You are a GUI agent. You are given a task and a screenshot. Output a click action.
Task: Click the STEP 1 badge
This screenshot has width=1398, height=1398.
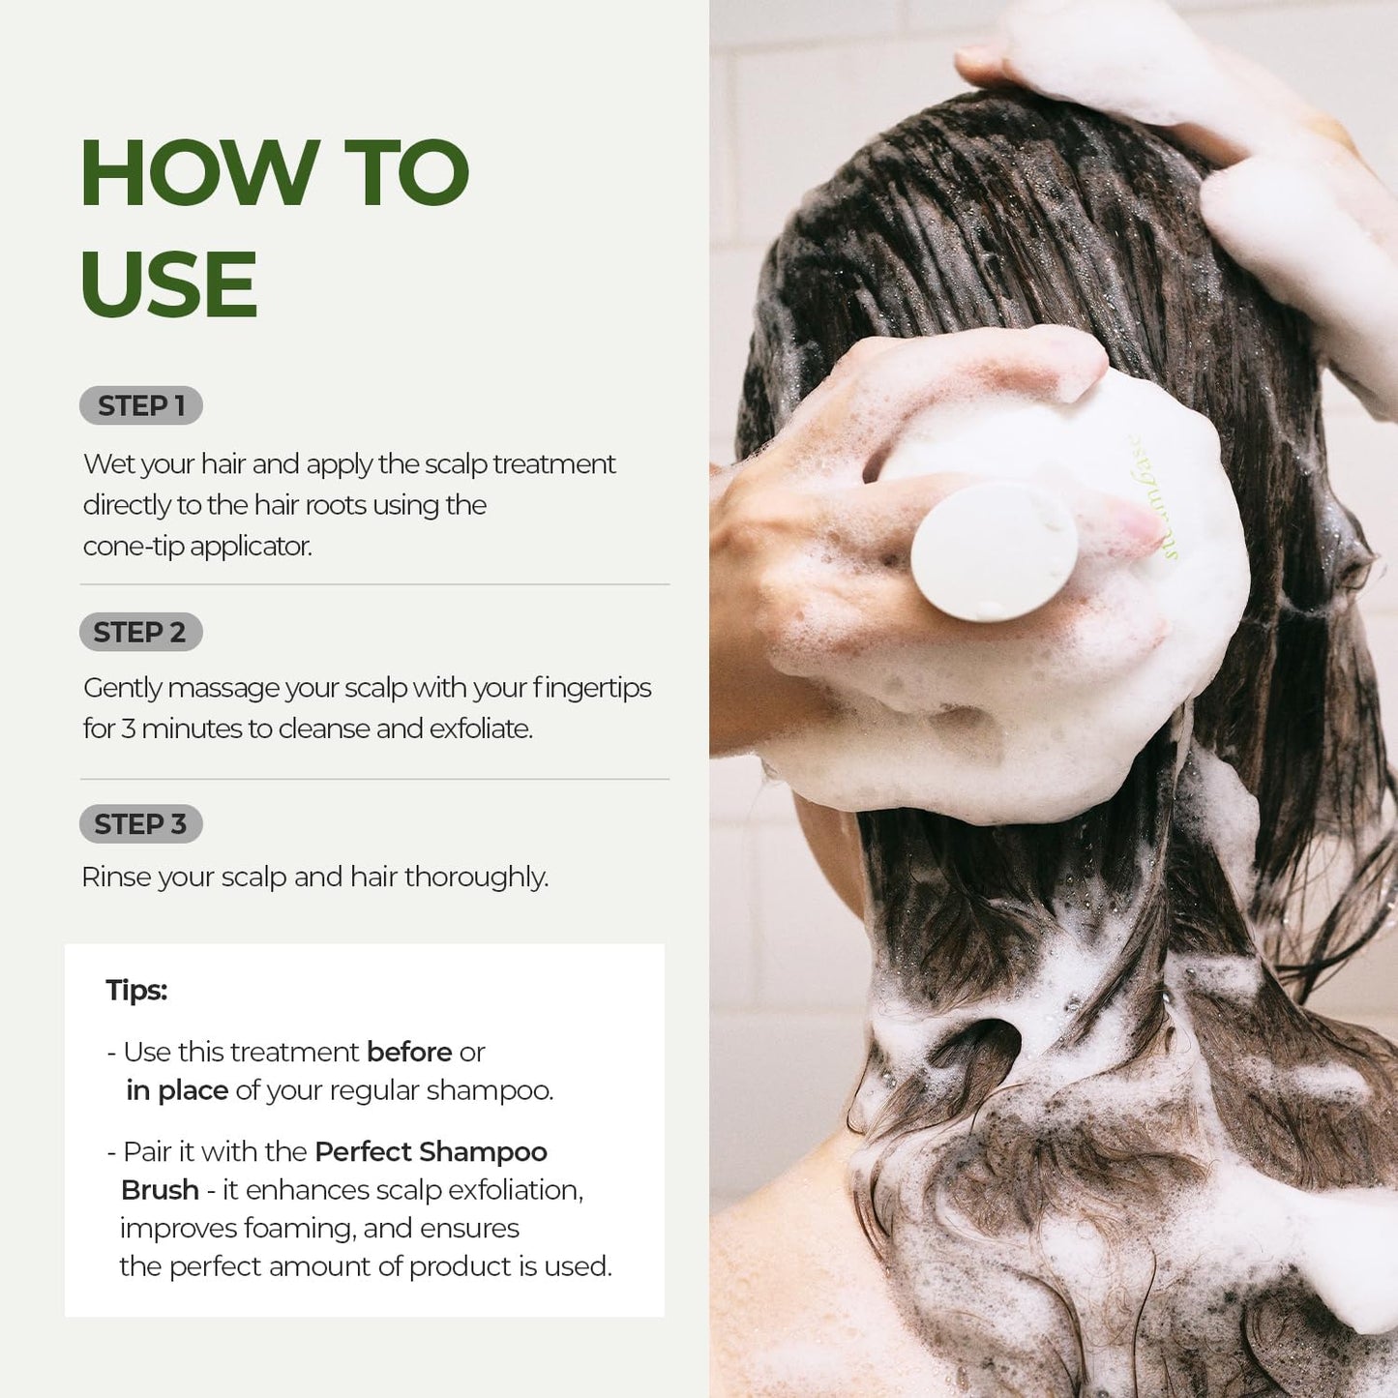tap(141, 406)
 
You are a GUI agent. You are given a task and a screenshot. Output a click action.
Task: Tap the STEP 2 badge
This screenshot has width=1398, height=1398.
tap(140, 633)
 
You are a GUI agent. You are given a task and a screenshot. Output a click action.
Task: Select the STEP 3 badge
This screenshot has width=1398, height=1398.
tap(140, 824)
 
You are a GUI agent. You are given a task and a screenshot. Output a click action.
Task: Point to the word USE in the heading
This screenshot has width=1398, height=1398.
tap(169, 284)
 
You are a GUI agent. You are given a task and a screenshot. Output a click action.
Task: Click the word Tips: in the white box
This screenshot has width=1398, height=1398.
tap(136, 991)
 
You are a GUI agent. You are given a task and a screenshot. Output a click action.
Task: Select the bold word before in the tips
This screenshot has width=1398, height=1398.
tap(409, 1052)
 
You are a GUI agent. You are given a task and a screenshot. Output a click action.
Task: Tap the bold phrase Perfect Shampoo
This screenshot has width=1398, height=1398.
tap(431, 1151)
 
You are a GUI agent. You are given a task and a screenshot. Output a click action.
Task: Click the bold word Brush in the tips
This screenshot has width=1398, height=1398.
tap(160, 1190)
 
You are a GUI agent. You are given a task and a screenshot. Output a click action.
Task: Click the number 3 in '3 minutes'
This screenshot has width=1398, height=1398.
tap(128, 729)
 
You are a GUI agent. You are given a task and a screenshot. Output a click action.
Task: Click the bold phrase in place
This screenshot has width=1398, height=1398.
tap(177, 1090)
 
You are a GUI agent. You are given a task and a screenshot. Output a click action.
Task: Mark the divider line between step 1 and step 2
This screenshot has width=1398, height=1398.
tap(374, 584)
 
